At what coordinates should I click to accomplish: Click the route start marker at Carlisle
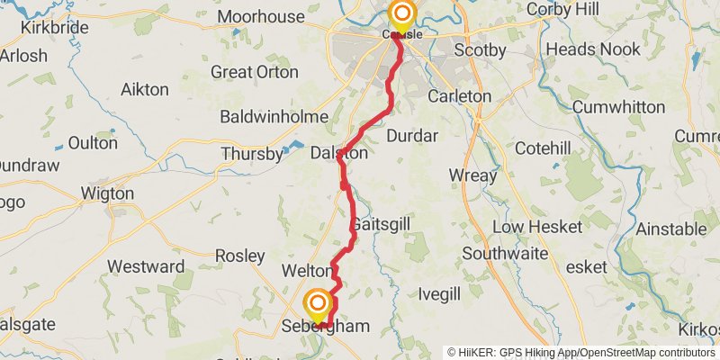[x=401, y=14]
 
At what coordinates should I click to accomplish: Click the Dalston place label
[x=339, y=154]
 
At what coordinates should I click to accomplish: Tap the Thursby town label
[x=252, y=155]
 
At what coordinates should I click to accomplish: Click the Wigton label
[x=107, y=193]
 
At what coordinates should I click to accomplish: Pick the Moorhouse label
[x=261, y=16]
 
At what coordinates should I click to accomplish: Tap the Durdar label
[x=411, y=136]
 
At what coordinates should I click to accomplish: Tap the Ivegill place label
[x=439, y=294]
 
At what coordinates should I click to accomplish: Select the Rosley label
[x=240, y=256]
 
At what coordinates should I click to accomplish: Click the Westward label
[x=146, y=266]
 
